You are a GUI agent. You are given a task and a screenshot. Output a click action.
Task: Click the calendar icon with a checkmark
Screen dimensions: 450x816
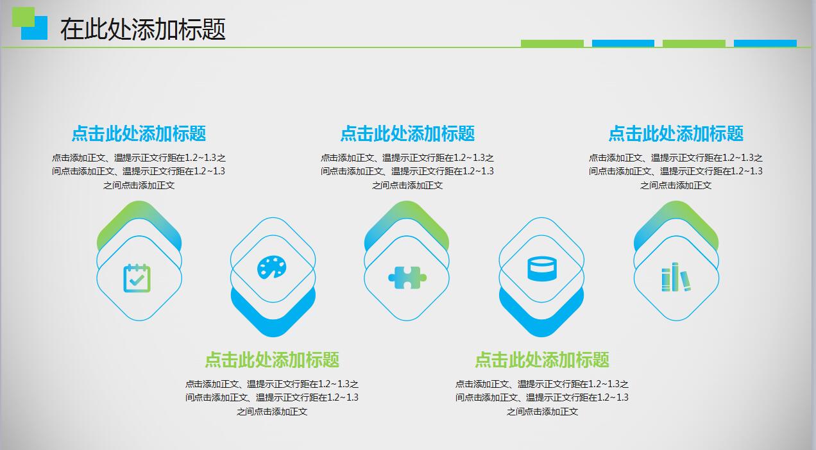point(137,278)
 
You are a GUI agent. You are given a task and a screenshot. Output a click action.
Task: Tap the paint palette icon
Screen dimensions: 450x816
point(273,267)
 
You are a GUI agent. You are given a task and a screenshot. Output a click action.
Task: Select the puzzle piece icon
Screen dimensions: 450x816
point(407,278)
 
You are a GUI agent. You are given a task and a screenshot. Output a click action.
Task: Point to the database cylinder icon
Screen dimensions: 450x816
point(541,269)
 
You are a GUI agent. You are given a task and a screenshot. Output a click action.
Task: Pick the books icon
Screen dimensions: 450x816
point(676,278)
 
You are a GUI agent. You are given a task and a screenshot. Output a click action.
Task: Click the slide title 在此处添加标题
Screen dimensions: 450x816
point(143,29)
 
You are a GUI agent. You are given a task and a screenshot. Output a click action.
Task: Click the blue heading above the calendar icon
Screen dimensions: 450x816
point(139,133)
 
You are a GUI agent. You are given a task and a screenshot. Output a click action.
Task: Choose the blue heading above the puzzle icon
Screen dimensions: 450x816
point(407,133)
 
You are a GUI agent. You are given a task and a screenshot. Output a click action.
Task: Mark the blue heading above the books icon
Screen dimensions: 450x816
point(676,133)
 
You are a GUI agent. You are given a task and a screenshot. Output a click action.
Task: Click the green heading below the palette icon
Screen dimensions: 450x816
point(272,360)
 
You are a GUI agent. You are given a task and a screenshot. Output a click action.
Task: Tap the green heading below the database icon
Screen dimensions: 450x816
point(542,360)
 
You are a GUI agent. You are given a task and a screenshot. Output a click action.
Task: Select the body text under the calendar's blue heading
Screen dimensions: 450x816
point(139,171)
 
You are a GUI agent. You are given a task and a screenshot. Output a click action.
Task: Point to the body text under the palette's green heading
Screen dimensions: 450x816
point(272,397)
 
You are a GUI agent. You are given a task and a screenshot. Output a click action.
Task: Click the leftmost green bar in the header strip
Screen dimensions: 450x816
point(552,44)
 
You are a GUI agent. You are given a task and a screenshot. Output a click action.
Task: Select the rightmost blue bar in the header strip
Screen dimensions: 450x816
point(765,44)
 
